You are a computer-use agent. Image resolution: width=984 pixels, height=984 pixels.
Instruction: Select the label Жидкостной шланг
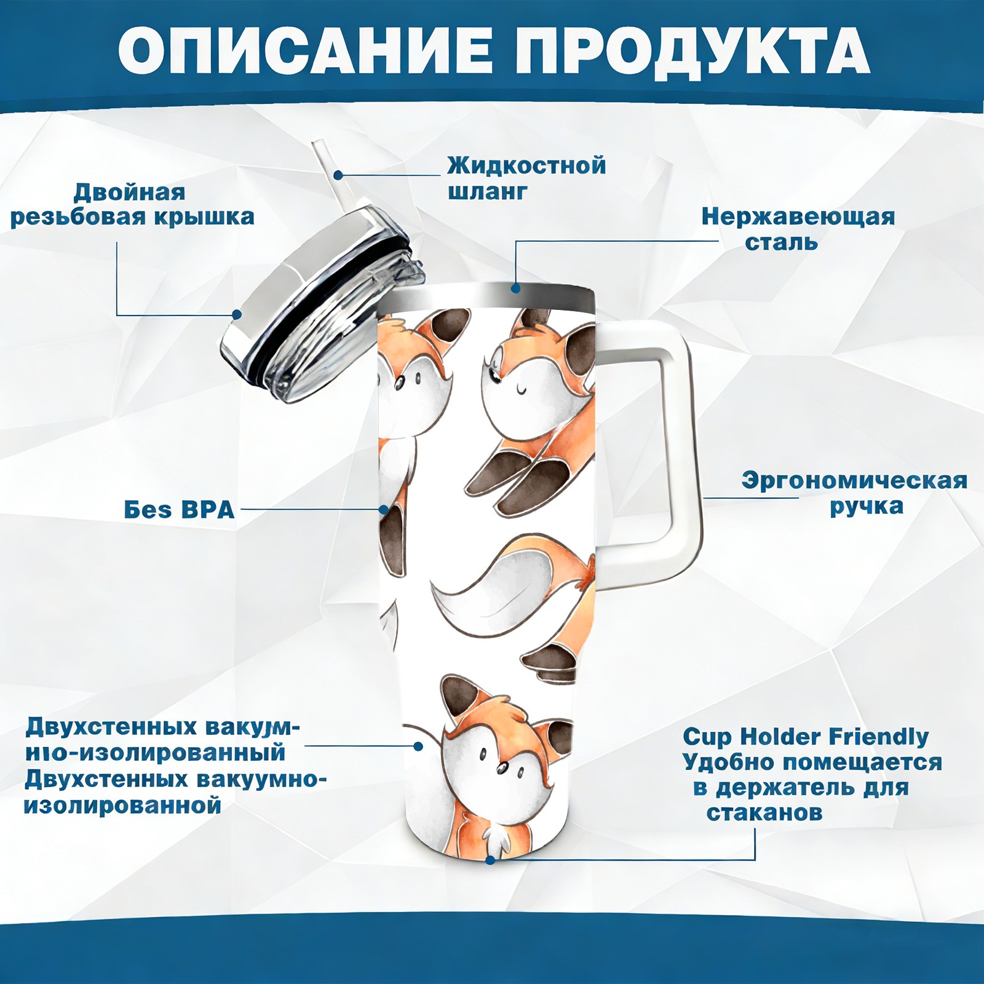[526, 178]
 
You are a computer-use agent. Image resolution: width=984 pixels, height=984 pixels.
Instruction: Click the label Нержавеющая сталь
[798, 229]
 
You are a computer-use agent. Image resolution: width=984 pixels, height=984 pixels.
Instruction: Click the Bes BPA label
[180, 510]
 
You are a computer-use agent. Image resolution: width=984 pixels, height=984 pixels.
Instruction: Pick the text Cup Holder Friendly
[806, 736]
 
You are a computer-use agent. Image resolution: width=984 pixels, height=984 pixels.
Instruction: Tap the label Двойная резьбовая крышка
[132, 205]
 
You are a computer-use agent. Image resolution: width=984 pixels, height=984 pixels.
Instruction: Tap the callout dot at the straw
[338, 175]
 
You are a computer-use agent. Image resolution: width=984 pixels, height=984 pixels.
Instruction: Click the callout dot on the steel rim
[515, 288]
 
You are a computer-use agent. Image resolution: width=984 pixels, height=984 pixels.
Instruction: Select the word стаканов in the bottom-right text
[764, 813]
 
